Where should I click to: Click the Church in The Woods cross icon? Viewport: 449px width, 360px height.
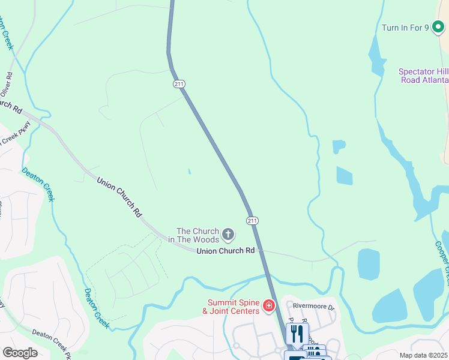[x=228, y=233]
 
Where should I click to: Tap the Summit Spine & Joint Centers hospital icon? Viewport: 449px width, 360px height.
[x=269, y=307]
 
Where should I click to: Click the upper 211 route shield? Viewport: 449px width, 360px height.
[x=179, y=84]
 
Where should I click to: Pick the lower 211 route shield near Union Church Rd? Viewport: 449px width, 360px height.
[x=252, y=221]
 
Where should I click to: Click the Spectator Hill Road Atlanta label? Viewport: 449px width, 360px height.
[x=424, y=76]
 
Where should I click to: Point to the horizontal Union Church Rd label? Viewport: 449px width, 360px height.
[x=226, y=251]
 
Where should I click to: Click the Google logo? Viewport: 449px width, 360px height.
[x=20, y=352]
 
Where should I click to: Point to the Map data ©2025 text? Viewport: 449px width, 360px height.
[x=423, y=355]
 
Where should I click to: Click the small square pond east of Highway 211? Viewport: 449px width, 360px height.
[x=344, y=176]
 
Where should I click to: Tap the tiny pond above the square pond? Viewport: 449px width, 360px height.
[x=339, y=145]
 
